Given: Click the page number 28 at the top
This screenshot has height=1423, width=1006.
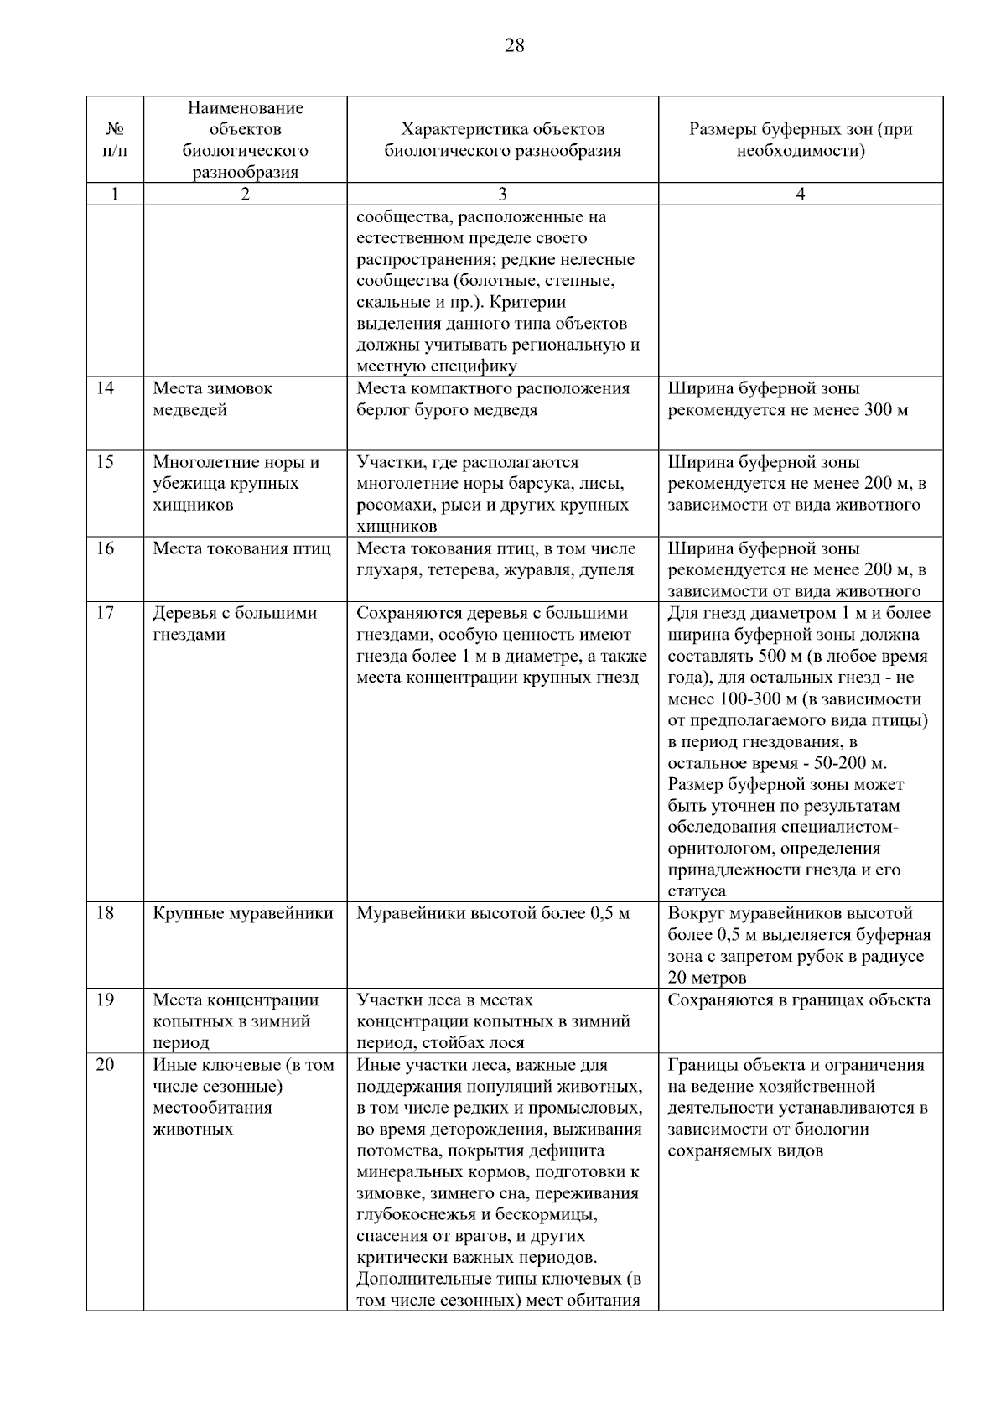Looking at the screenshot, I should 514,46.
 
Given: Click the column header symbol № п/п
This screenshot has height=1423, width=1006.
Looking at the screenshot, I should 115,140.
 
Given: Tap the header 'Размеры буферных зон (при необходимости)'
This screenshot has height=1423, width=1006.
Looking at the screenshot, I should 800,140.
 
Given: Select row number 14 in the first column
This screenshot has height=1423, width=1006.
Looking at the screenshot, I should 105,388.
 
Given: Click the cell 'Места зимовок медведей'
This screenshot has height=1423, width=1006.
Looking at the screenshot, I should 212,399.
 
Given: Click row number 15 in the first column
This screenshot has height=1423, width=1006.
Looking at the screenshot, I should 105,462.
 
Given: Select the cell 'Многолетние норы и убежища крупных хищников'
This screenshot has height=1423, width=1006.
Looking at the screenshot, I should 236,484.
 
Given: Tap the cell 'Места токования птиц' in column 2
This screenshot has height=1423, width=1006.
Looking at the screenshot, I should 241,549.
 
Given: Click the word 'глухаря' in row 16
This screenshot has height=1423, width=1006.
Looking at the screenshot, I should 386,570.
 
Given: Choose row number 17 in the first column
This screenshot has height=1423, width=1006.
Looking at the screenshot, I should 105,613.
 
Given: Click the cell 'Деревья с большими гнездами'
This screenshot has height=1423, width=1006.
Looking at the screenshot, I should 235,624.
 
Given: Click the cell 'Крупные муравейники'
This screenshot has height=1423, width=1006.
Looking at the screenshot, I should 243,913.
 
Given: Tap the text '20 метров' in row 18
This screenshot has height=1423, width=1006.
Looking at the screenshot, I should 707,978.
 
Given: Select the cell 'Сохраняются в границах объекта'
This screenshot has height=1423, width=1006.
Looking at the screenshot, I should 799,1000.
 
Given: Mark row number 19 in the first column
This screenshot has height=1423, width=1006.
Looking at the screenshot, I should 105,1000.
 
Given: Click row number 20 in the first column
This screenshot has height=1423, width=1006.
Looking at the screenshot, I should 105,1065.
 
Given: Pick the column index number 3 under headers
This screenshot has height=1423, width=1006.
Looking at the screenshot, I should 502,195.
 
